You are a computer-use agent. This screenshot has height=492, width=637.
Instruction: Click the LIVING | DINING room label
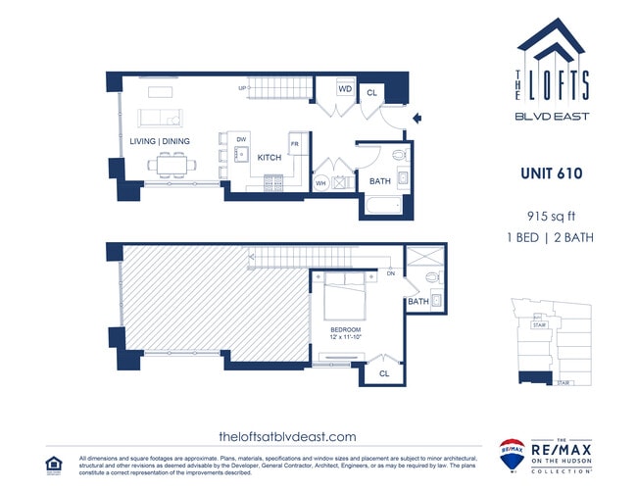coord(160,141)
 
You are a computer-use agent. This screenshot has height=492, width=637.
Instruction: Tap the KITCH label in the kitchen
coord(269,157)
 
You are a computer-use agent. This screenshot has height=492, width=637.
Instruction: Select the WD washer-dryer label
coord(345,89)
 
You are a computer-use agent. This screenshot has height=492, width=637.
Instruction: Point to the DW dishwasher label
coord(240,139)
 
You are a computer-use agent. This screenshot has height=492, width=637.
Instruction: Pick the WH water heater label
coord(320,182)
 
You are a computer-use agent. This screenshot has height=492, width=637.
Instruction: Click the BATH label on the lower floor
coord(380,181)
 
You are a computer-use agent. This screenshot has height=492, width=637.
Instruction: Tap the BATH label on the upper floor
coord(418,302)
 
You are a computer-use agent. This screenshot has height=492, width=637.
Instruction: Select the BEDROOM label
coord(347,329)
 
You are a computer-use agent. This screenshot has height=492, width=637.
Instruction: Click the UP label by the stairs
coord(241,88)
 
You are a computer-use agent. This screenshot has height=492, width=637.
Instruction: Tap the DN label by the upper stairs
coord(390,274)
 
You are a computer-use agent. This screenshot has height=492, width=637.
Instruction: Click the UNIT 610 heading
coord(552,173)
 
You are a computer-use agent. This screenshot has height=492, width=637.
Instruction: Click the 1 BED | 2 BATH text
coord(552,237)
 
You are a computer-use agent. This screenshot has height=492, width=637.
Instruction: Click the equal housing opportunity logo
coord(55,463)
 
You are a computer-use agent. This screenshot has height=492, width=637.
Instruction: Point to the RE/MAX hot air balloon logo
coord(511,455)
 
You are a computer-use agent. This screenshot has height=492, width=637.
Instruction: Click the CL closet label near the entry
coord(371,92)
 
